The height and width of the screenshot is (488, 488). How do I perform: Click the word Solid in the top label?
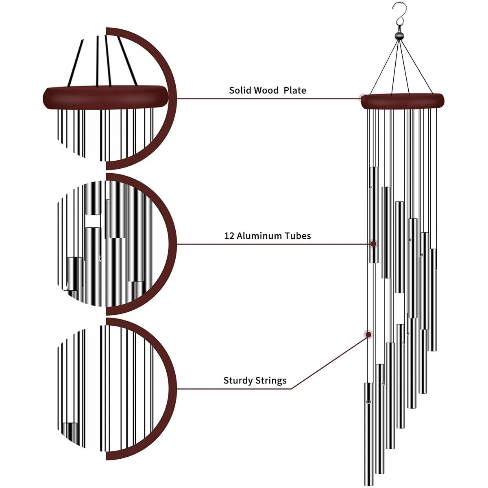tap(240, 90)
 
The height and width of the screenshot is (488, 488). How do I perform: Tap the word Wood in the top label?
tap(266, 90)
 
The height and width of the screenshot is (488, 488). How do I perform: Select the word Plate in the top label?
tap(295, 90)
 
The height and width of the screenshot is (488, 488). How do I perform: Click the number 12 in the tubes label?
tap(229, 236)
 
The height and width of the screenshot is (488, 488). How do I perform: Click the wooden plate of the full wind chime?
tap(403, 101)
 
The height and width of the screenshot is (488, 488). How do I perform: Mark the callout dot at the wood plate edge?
tap(362, 97)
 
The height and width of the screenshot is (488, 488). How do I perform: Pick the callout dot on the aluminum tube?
tap(373, 244)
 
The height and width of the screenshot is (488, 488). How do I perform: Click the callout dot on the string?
tap(368, 335)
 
